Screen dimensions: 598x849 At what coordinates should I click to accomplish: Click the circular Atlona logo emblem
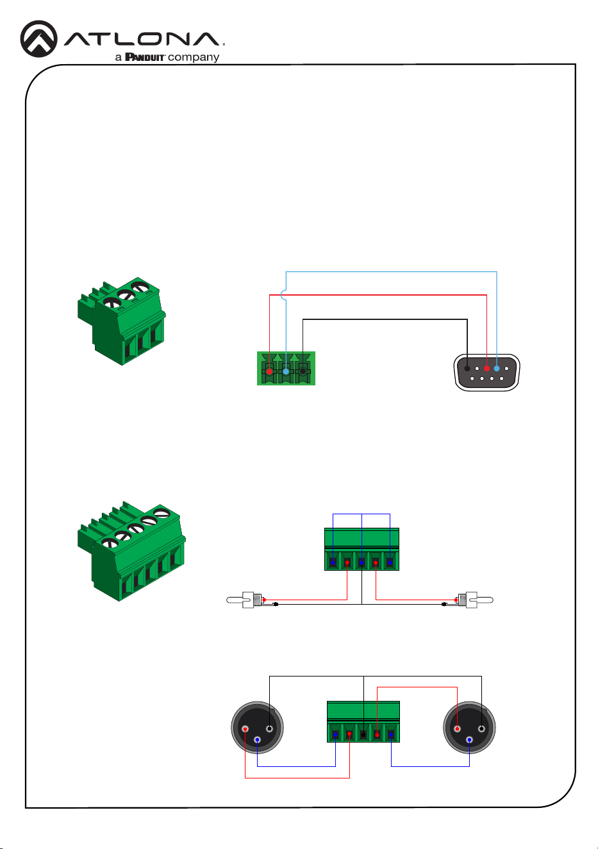38,39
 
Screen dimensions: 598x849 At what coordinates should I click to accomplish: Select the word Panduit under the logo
145,57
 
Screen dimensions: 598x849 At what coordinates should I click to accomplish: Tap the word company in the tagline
194,58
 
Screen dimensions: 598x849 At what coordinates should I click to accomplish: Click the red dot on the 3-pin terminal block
269,371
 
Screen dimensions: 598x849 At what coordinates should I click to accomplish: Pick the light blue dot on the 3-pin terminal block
286,371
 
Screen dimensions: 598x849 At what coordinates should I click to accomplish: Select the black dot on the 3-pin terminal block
303,371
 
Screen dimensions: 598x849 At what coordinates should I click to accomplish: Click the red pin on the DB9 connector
486,369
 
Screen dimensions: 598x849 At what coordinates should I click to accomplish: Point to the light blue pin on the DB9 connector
497,369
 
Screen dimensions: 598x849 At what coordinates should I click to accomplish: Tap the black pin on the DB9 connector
467,369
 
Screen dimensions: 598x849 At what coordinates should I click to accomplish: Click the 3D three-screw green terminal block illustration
122,321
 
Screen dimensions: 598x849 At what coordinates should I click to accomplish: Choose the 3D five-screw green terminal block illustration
131,551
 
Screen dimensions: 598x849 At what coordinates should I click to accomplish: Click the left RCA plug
245,600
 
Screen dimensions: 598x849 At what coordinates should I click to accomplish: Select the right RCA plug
475,600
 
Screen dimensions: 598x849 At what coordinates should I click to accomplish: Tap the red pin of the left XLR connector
245,729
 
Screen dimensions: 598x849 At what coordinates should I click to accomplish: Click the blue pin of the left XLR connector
257,739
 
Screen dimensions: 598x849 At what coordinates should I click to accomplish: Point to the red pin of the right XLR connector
458,729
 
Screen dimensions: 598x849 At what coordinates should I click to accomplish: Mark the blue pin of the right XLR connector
470,739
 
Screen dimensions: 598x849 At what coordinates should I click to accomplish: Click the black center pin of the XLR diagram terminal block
363,735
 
